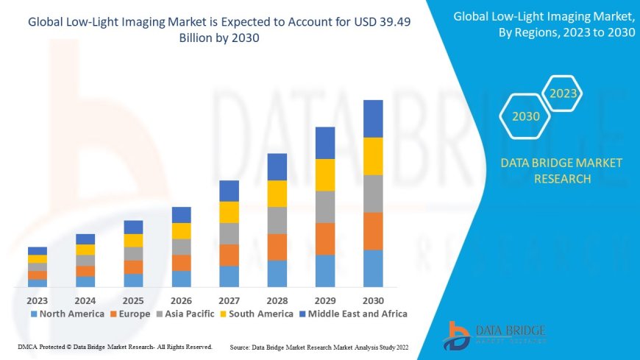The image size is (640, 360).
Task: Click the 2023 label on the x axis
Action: point(38,300)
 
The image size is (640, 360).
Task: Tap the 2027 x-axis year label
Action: point(229,300)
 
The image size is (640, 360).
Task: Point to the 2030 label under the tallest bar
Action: point(373,300)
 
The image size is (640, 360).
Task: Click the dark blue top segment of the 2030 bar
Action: point(373,119)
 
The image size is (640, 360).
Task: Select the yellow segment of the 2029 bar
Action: point(325,174)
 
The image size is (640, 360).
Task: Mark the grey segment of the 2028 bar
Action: point(277,220)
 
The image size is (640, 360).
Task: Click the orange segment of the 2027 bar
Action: point(229,255)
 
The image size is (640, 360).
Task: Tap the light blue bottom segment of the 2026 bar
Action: point(181,279)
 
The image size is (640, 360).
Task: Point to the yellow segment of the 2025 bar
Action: point(133,240)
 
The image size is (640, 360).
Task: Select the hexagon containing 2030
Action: point(525,116)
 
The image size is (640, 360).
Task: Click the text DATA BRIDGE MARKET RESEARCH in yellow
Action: point(561,171)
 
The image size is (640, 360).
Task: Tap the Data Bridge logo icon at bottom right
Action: point(458,336)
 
